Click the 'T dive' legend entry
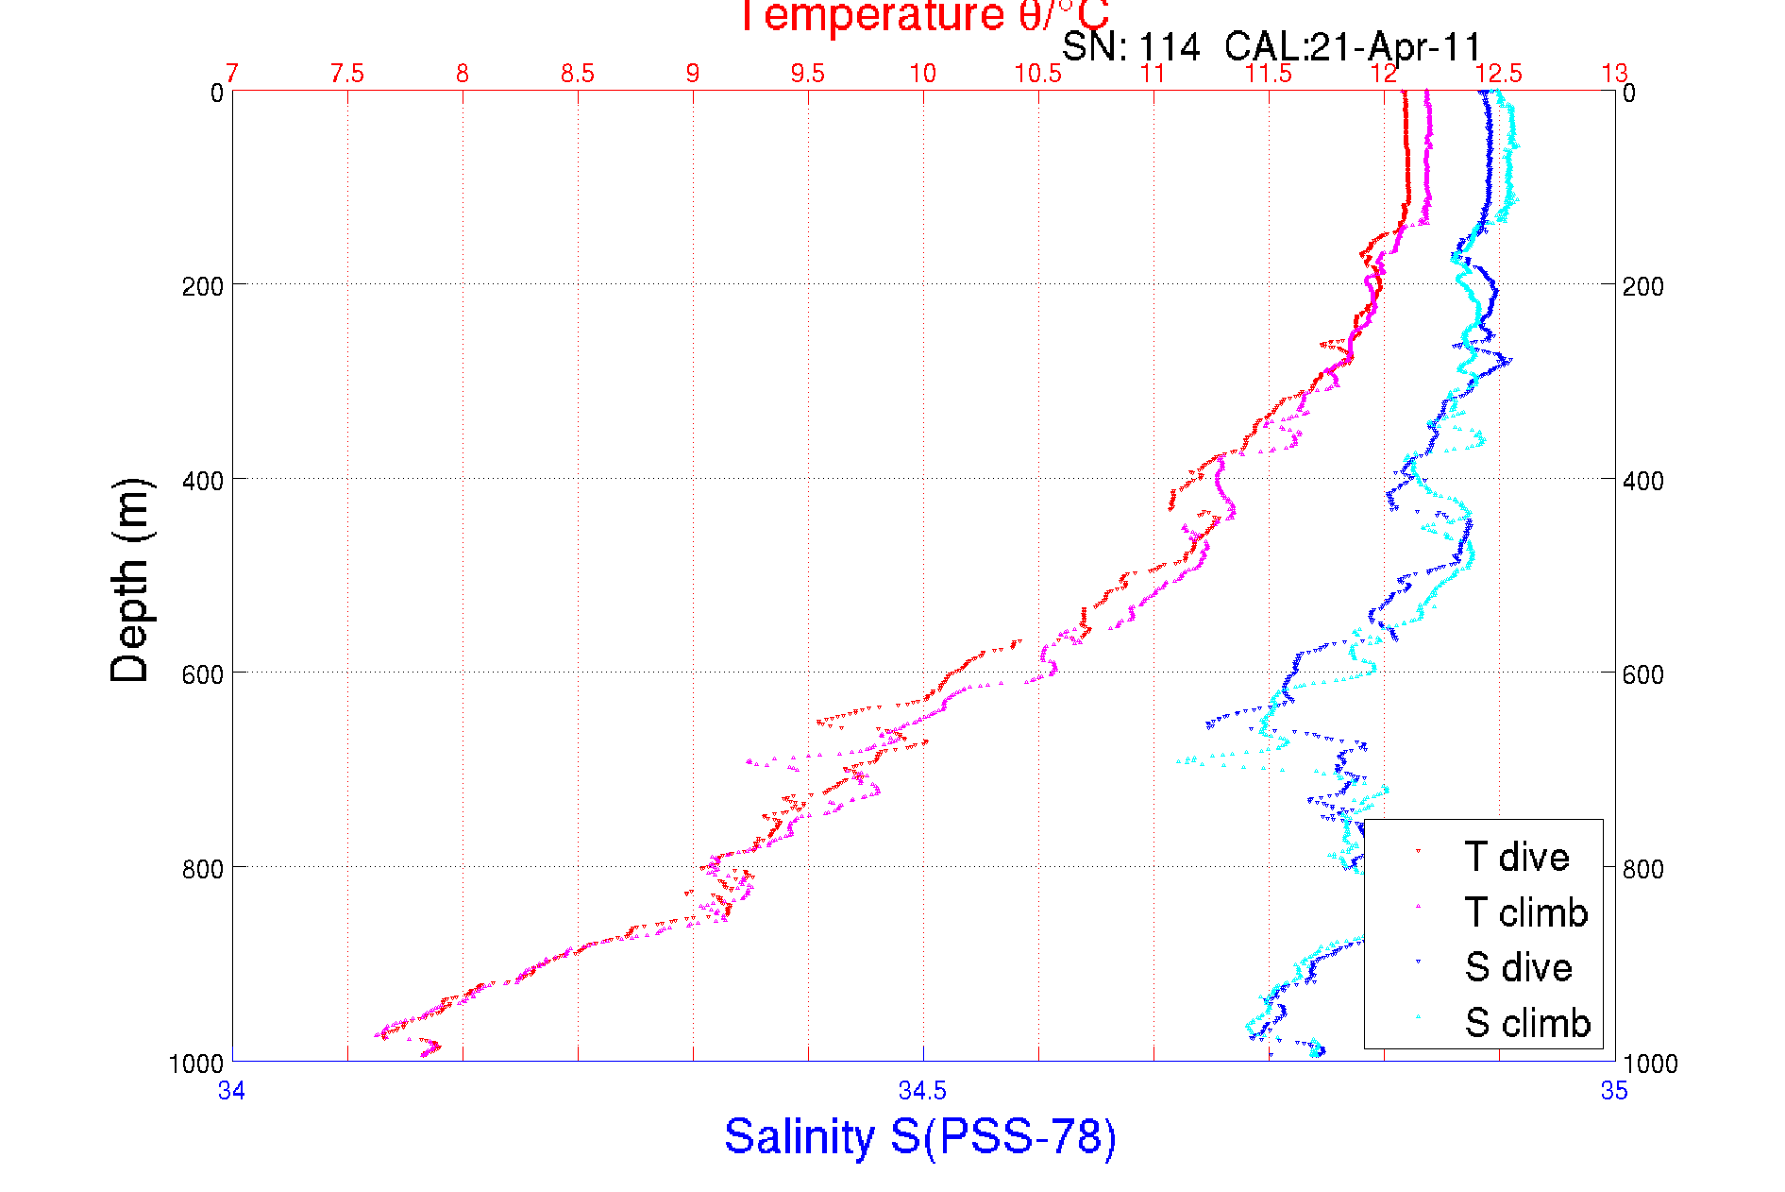(x=1516, y=857)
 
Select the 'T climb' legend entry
(x=1525, y=912)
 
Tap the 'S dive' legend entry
(x=1518, y=967)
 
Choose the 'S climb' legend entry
(x=1527, y=1023)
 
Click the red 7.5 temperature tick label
(x=347, y=74)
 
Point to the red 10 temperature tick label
(x=922, y=74)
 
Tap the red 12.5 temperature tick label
(x=1499, y=74)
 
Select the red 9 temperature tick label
(x=693, y=74)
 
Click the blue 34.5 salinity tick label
(x=922, y=1091)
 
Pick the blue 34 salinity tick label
(x=232, y=1091)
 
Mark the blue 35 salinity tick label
(x=1614, y=1091)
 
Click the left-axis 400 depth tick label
(x=203, y=480)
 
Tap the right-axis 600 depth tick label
(x=1643, y=674)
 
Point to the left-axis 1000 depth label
(x=196, y=1064)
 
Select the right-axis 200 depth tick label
(x=1643, y=286)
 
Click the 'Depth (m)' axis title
(x=130, y=580)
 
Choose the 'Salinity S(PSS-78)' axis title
(x=920, y=1135)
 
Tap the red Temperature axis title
(x=922, y=16)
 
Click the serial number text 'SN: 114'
(x=1131, y=46)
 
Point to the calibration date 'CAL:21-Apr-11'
(x=1353, y=46)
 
